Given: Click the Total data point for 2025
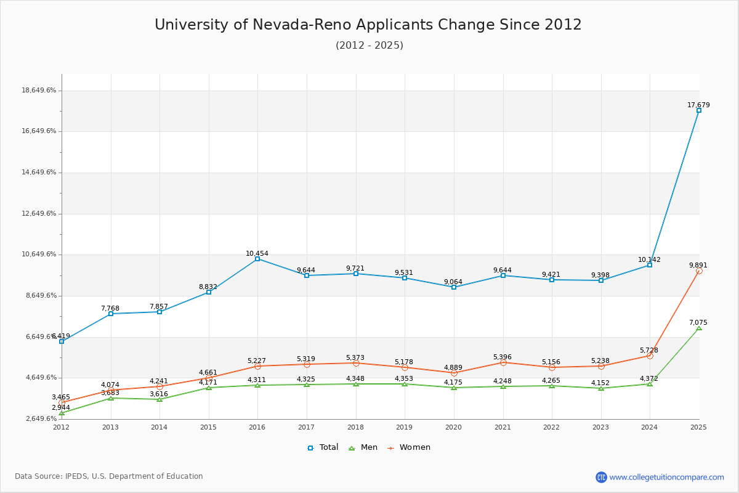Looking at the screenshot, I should pyautogui.click(x=699, y=110).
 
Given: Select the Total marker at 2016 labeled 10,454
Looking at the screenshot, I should pyautogui.click(x=257, y=259).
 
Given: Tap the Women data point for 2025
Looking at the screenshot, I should pyautogui.click(x=699, y=271).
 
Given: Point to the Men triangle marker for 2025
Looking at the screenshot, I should pyautogui.click(x=699, y=328).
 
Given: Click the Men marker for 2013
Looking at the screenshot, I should pyautogui.click(x=111, y=398).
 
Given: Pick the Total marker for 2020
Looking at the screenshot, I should pyautogui.click(x=454, y=287).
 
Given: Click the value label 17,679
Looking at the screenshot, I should pyautogui.click(x=698, y=105).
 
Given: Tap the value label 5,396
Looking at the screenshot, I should pyautogui.click(x=503, y=357).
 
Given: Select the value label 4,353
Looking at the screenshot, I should pyautogui.click(x=404, y=379).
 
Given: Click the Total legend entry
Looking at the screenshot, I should pyautogui.click(x=323, y=447).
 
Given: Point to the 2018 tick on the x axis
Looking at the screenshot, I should pyautogui.click(x=356, y=427).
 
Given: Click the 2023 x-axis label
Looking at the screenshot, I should pyautogui.click(x=600, y=427).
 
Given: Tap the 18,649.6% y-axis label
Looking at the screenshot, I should pyautogui.click(x=39, y=91).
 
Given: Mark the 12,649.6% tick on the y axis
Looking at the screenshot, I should pyautogui.click(x=39, y=214).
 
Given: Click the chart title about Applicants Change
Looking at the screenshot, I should pyautogui.click(x=368, y=25).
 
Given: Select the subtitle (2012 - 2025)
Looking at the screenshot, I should pyautogui.click(x=369, y=46).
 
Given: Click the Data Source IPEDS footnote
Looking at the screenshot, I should pyautogui.click(x=109, y=476).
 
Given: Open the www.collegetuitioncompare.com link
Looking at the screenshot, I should pyautogui.click(x=666, y=477).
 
